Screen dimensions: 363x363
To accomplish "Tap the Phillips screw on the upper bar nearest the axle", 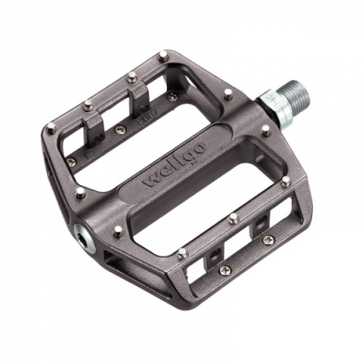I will pos(171,97).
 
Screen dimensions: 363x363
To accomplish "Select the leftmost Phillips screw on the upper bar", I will pos(71,162).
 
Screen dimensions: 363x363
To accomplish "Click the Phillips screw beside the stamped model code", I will pos(120,130).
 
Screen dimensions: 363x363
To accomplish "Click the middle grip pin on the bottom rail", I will pos(232,217).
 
